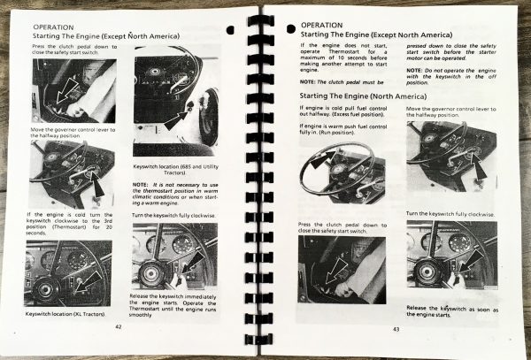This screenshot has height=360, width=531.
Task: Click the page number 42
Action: [x=118, y=326]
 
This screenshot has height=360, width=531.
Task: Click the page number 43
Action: [x=396, y=331]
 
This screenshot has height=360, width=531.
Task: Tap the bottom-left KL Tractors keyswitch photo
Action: [x=68, y=272]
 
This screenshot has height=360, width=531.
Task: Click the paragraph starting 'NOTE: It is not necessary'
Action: [x=172, y=193]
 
